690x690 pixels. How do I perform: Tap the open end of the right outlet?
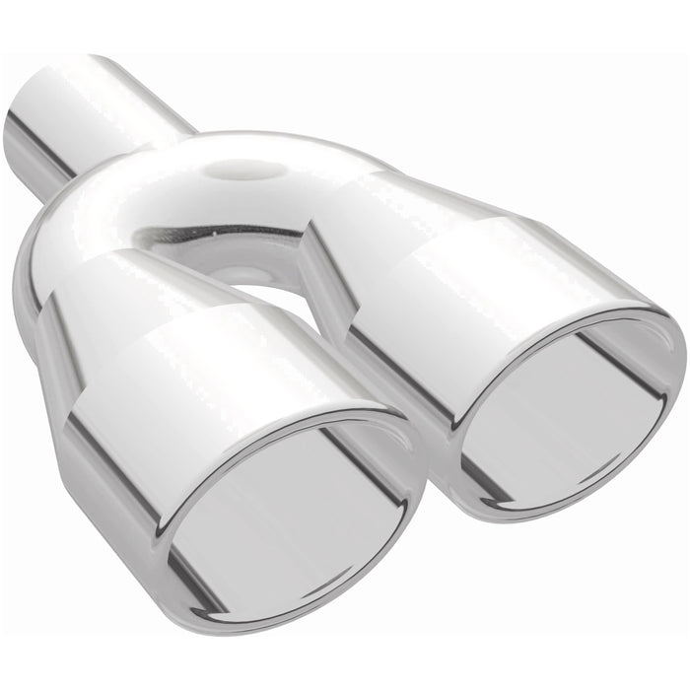572,414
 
